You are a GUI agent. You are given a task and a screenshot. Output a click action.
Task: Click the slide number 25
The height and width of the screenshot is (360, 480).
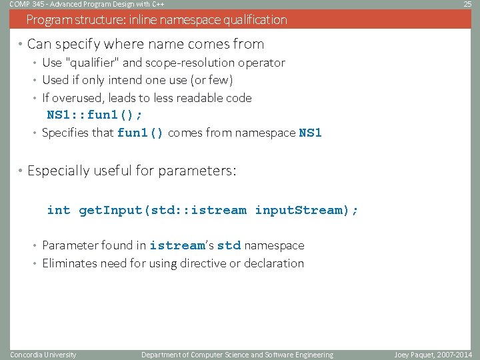tap(467, 4)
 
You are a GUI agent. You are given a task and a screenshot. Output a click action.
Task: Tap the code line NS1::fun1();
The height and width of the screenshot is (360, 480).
tap(94, 115)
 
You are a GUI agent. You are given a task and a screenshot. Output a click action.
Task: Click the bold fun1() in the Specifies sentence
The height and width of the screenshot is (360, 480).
tap(140, 133)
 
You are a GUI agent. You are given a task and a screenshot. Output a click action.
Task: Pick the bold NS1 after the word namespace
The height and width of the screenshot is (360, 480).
tap(310, 133)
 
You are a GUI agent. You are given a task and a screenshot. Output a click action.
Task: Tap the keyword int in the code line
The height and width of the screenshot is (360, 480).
tap(59, 210)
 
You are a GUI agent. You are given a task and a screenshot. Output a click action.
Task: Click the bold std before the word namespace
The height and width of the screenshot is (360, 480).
tap(229, 245)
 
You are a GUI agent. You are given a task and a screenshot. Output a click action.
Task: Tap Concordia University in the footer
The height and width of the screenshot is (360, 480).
tap(43, 355)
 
